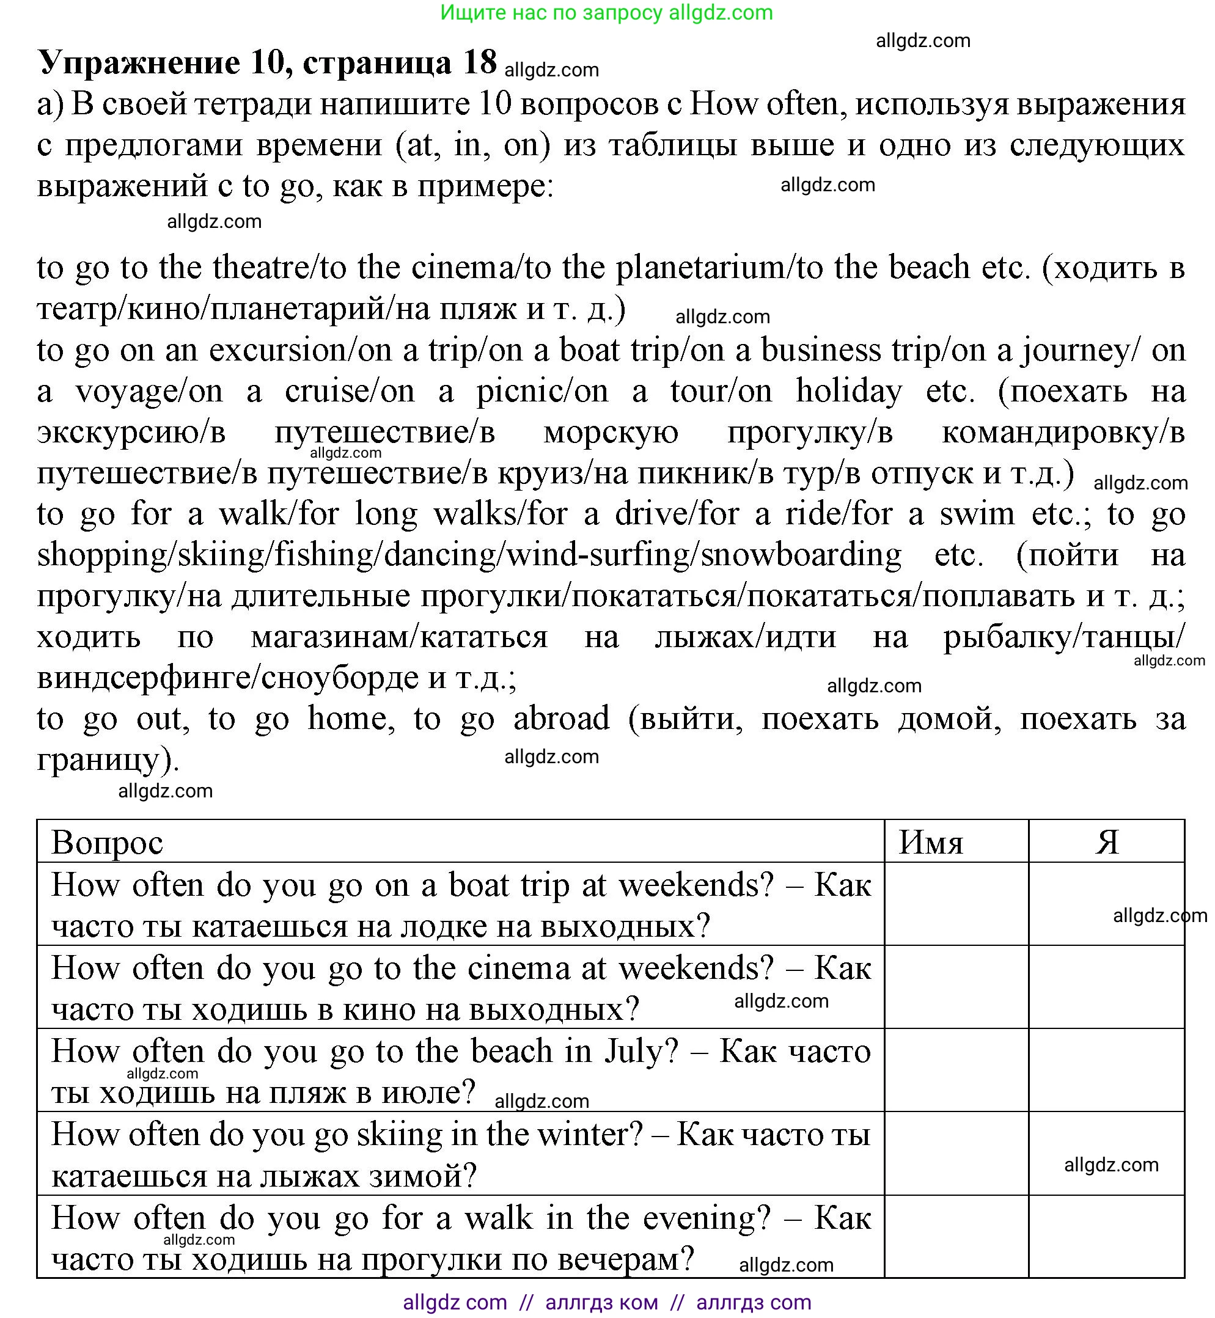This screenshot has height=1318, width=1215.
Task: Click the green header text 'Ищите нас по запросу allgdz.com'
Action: pyautogui.click(x=606, y=12)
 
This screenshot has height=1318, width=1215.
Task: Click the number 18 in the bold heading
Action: pyautogui.click(x=479, y=62)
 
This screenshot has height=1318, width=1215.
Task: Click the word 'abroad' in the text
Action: pyautogui.click(x=562, y=719)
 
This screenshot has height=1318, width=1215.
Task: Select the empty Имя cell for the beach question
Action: pyautogui.click(x=956, y=1070)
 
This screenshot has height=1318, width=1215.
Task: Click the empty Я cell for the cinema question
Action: pyautogui.click(x=1106, y=987)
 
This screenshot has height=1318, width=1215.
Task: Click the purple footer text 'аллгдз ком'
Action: pyautogui.click(x=601, y=1302)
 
